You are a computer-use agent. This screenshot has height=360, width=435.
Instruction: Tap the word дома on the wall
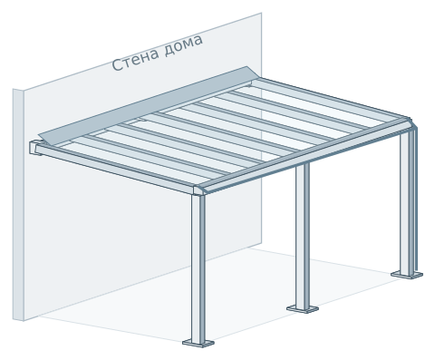(x=184, y=44)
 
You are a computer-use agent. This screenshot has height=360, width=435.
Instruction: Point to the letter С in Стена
(x=117, y=65)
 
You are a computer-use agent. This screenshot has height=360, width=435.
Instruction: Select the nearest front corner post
(x=198, y=268)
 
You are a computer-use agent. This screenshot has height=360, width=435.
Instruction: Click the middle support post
(x=303, y=236)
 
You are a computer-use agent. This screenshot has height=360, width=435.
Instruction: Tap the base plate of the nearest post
(x=198, y=344)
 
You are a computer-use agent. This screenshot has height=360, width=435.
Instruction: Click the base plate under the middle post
(x=303, y=309)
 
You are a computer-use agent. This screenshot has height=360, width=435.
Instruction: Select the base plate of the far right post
(x=407, y=275)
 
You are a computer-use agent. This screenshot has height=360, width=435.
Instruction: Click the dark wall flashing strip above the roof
(x=148, y=106)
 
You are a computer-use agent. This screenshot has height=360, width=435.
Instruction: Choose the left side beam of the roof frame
(x=115, y=167)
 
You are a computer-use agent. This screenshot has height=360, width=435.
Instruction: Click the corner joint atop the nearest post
(x=199, y=190)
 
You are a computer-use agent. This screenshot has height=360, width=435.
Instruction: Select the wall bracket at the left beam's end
(x=35, y=148)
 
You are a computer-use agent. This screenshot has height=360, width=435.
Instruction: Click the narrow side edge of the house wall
(x=18, y=205)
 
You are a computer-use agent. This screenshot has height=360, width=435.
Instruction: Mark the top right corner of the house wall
(x=261, y=13)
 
